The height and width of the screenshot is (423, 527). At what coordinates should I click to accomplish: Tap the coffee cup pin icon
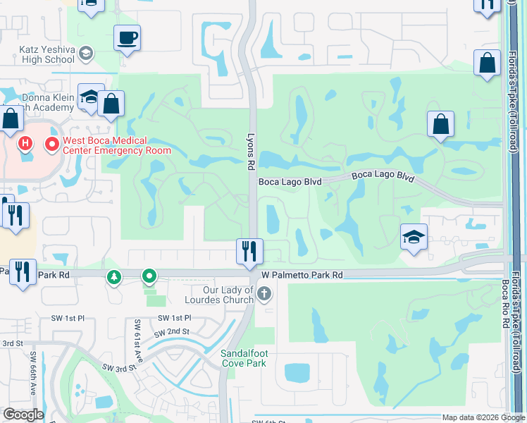tap(127, 38)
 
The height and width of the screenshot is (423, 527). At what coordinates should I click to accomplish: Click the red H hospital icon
tap(25, 145)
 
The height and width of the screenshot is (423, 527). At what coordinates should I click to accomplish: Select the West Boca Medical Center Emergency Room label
tap(117, 145)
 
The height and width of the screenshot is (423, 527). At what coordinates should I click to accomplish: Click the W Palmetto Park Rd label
tap(302, 275)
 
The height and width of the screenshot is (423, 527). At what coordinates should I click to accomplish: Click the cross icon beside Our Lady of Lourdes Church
tap(264, 293)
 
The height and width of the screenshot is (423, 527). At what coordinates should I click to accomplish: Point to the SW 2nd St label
tap(174, 331)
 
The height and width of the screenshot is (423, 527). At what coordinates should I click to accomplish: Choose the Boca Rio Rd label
tap(505, 303)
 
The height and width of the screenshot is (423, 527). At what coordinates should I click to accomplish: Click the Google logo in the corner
tap(23, 415)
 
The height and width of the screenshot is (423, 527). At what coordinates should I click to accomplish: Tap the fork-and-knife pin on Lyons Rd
tap(249, 252)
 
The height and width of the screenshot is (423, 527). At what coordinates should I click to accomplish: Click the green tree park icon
tap(113, 277)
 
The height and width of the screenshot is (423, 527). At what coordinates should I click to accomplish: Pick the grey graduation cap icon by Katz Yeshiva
tap(86, 54)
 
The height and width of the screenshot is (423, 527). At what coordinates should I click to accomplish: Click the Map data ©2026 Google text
tap(483, 417)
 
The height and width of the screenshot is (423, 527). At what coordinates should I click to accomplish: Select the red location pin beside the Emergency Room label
tap(51, 145)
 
